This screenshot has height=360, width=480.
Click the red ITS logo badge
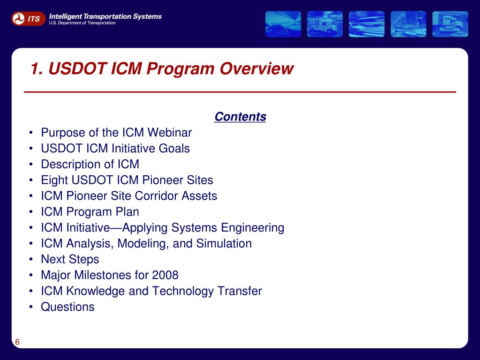coord(28,19)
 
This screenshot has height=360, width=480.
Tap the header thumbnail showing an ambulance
coord(325,24)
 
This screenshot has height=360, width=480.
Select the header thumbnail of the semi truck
coord(450,24)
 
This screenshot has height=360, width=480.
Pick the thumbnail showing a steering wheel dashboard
coord(283,24)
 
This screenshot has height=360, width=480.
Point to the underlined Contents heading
coord(240,117)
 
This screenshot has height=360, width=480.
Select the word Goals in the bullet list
coord(173,149)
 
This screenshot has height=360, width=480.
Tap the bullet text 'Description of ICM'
coord(90,165)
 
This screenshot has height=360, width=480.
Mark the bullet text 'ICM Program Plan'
coord(90,212)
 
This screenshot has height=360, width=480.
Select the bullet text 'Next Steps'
coord(70,259)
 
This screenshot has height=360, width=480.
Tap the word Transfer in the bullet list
coord(240,291)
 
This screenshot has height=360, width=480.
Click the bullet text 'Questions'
coord(67,307)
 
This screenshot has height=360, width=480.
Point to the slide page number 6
coord(17,342)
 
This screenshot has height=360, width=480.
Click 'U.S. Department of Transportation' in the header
coord(82,23)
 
